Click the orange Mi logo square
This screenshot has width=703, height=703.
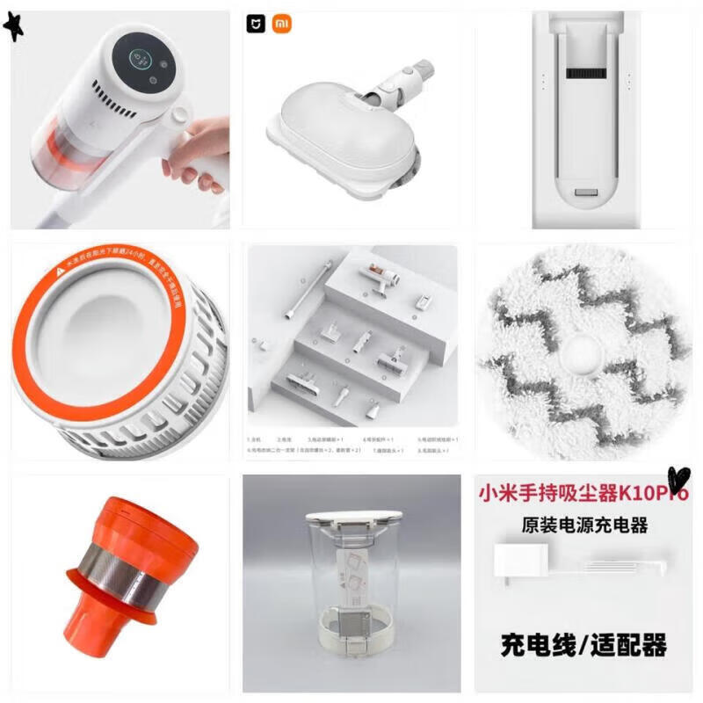click(x=280, y=24)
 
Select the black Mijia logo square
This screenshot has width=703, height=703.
click(x=256, y=24)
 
